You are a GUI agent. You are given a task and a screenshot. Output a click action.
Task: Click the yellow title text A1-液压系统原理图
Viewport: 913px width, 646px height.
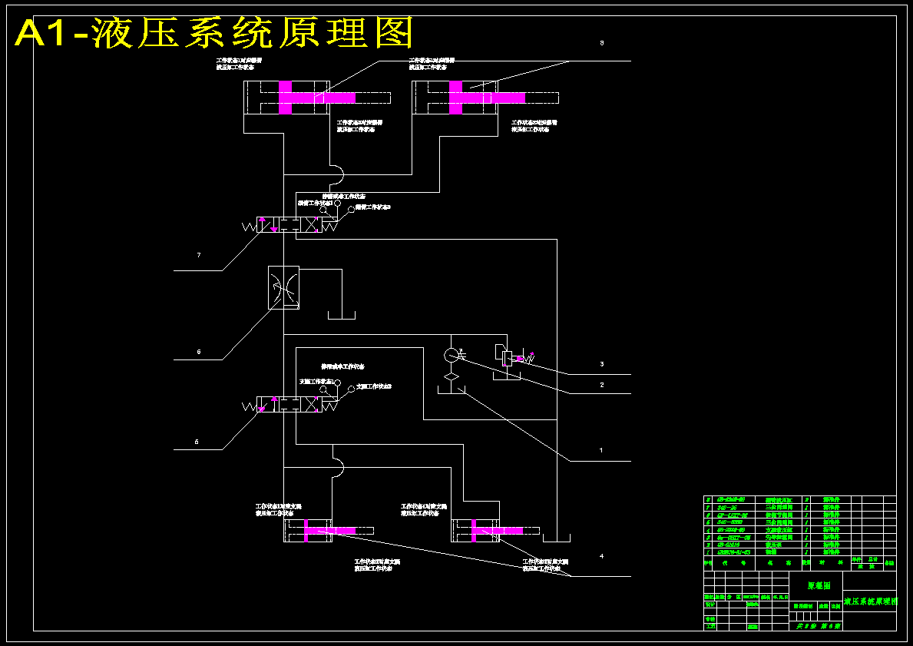point(215,33)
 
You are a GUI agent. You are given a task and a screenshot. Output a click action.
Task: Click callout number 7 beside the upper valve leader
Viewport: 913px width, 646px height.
point(199,255)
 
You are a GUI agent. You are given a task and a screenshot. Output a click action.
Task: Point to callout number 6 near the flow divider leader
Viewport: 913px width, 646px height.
point(199,352)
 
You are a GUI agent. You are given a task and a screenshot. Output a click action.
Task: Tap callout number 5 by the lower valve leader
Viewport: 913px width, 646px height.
point(197,442)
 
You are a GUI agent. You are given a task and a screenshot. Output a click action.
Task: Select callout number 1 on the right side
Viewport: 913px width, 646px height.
point(601,451)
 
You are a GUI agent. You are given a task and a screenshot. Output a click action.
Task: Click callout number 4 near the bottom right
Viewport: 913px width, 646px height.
point(601,556)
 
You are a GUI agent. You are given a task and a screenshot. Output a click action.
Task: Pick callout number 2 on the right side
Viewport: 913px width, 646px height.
point(602,385)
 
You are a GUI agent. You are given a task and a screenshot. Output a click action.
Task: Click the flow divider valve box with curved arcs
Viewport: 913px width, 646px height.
point(283,288)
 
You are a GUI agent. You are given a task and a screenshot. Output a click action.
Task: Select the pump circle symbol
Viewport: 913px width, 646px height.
point(452,355)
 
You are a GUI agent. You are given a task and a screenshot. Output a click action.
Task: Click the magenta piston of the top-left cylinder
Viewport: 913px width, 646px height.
point(286,98)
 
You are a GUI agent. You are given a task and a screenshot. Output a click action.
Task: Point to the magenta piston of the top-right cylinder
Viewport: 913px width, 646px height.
point(455,98)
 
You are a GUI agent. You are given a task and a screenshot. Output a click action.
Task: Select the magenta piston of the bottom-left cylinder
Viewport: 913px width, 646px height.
point(306,530)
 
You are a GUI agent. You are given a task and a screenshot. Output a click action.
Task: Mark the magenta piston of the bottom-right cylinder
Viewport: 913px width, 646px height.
point(474,530)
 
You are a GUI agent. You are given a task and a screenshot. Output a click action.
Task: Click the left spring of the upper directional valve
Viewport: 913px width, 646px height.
point(250,226)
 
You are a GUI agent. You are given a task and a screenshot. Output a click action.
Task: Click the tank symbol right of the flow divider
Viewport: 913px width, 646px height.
point(342,314)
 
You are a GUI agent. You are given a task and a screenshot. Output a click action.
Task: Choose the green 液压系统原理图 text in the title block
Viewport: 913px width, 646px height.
point(870,601)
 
